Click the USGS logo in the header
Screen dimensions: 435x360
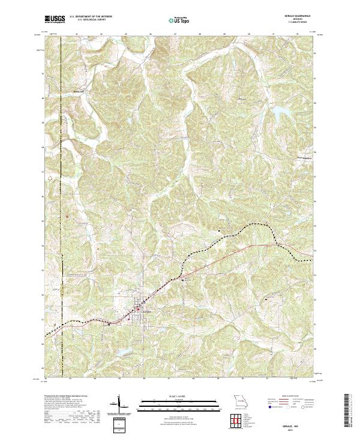55,20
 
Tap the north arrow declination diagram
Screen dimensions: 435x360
119,404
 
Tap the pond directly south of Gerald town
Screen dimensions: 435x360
122,352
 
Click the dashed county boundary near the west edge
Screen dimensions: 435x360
61,180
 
